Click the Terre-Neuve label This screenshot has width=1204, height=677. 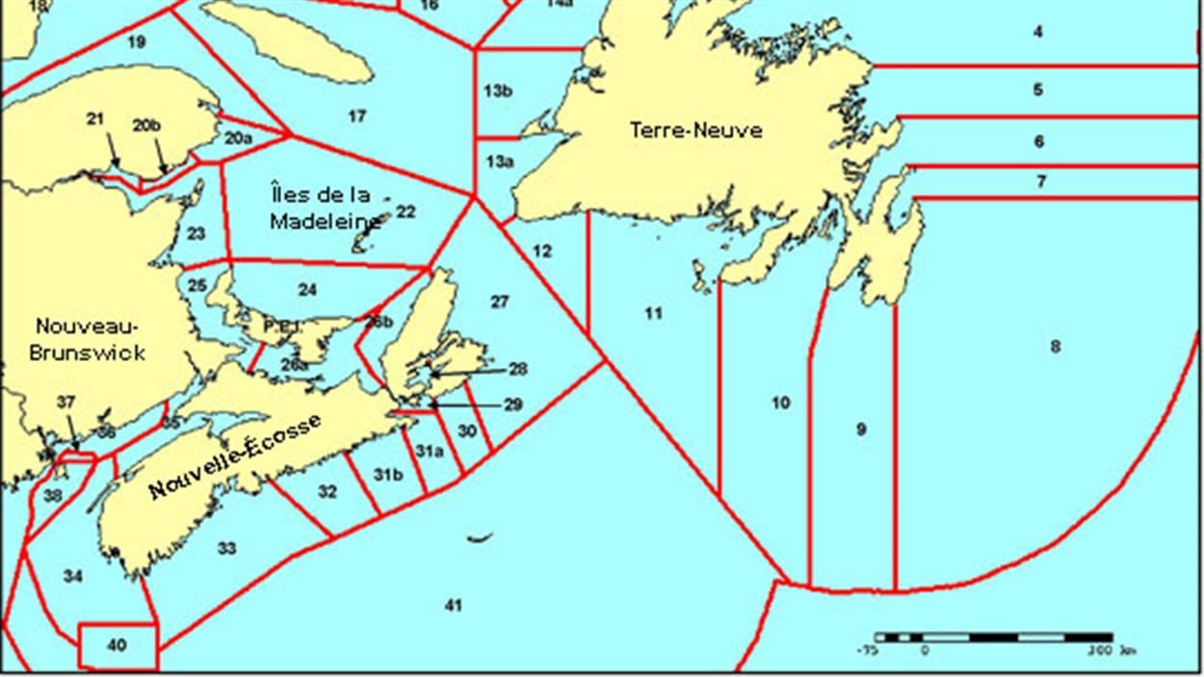695,129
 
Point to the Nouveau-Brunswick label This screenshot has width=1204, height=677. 87,338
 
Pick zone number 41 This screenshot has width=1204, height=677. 454,605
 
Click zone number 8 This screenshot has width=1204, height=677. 1055,346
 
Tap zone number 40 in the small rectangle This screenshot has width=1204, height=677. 117,645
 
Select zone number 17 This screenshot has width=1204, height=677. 357,117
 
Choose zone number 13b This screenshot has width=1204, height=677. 498,91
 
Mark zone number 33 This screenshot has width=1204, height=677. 226,548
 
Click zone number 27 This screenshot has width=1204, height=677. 499,301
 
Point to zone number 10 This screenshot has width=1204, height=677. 780,402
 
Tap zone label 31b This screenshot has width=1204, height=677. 388,474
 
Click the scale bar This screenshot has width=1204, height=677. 993,638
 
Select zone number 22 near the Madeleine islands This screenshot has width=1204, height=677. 406,211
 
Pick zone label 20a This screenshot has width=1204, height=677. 238,139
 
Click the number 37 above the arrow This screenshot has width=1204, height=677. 65,402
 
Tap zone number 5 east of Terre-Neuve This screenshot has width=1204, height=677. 1037,90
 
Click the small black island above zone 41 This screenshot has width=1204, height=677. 480,537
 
